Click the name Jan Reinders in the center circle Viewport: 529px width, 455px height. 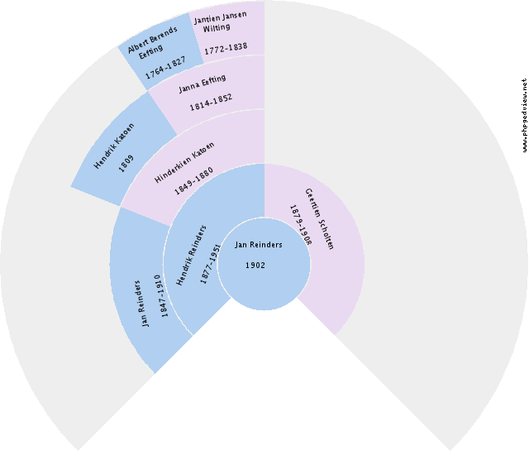click(x=259, y=245)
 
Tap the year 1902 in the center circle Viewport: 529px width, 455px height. click(x=255, y=266)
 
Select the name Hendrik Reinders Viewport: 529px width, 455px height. click(x=191, y=255)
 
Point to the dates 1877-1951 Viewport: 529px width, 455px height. click(x=210, y=264)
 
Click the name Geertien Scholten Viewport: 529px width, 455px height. click(x=319, y=218)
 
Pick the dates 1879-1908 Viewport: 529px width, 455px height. click(x=301, y=225)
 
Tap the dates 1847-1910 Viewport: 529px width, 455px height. click(x=161, y=296)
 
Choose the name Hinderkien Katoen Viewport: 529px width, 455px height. click(x=184, y=163)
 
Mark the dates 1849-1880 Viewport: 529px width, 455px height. click(x=193, y=181)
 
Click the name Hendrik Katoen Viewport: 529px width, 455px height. click(x=114, y=146)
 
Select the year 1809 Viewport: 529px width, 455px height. click(x=126, y=163)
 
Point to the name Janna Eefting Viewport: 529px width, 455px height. click(x=202, y=84)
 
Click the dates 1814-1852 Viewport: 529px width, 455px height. click(x=211, y=103)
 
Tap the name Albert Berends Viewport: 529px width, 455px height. click(x=152, y=40)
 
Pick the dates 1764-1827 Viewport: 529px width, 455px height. click(x=165, y=68)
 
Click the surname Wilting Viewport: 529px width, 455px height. click(x=217, y=27)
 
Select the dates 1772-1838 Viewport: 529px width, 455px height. click(x=226, y=48)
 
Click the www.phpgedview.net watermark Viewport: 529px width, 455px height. click(x=524, y=115)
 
